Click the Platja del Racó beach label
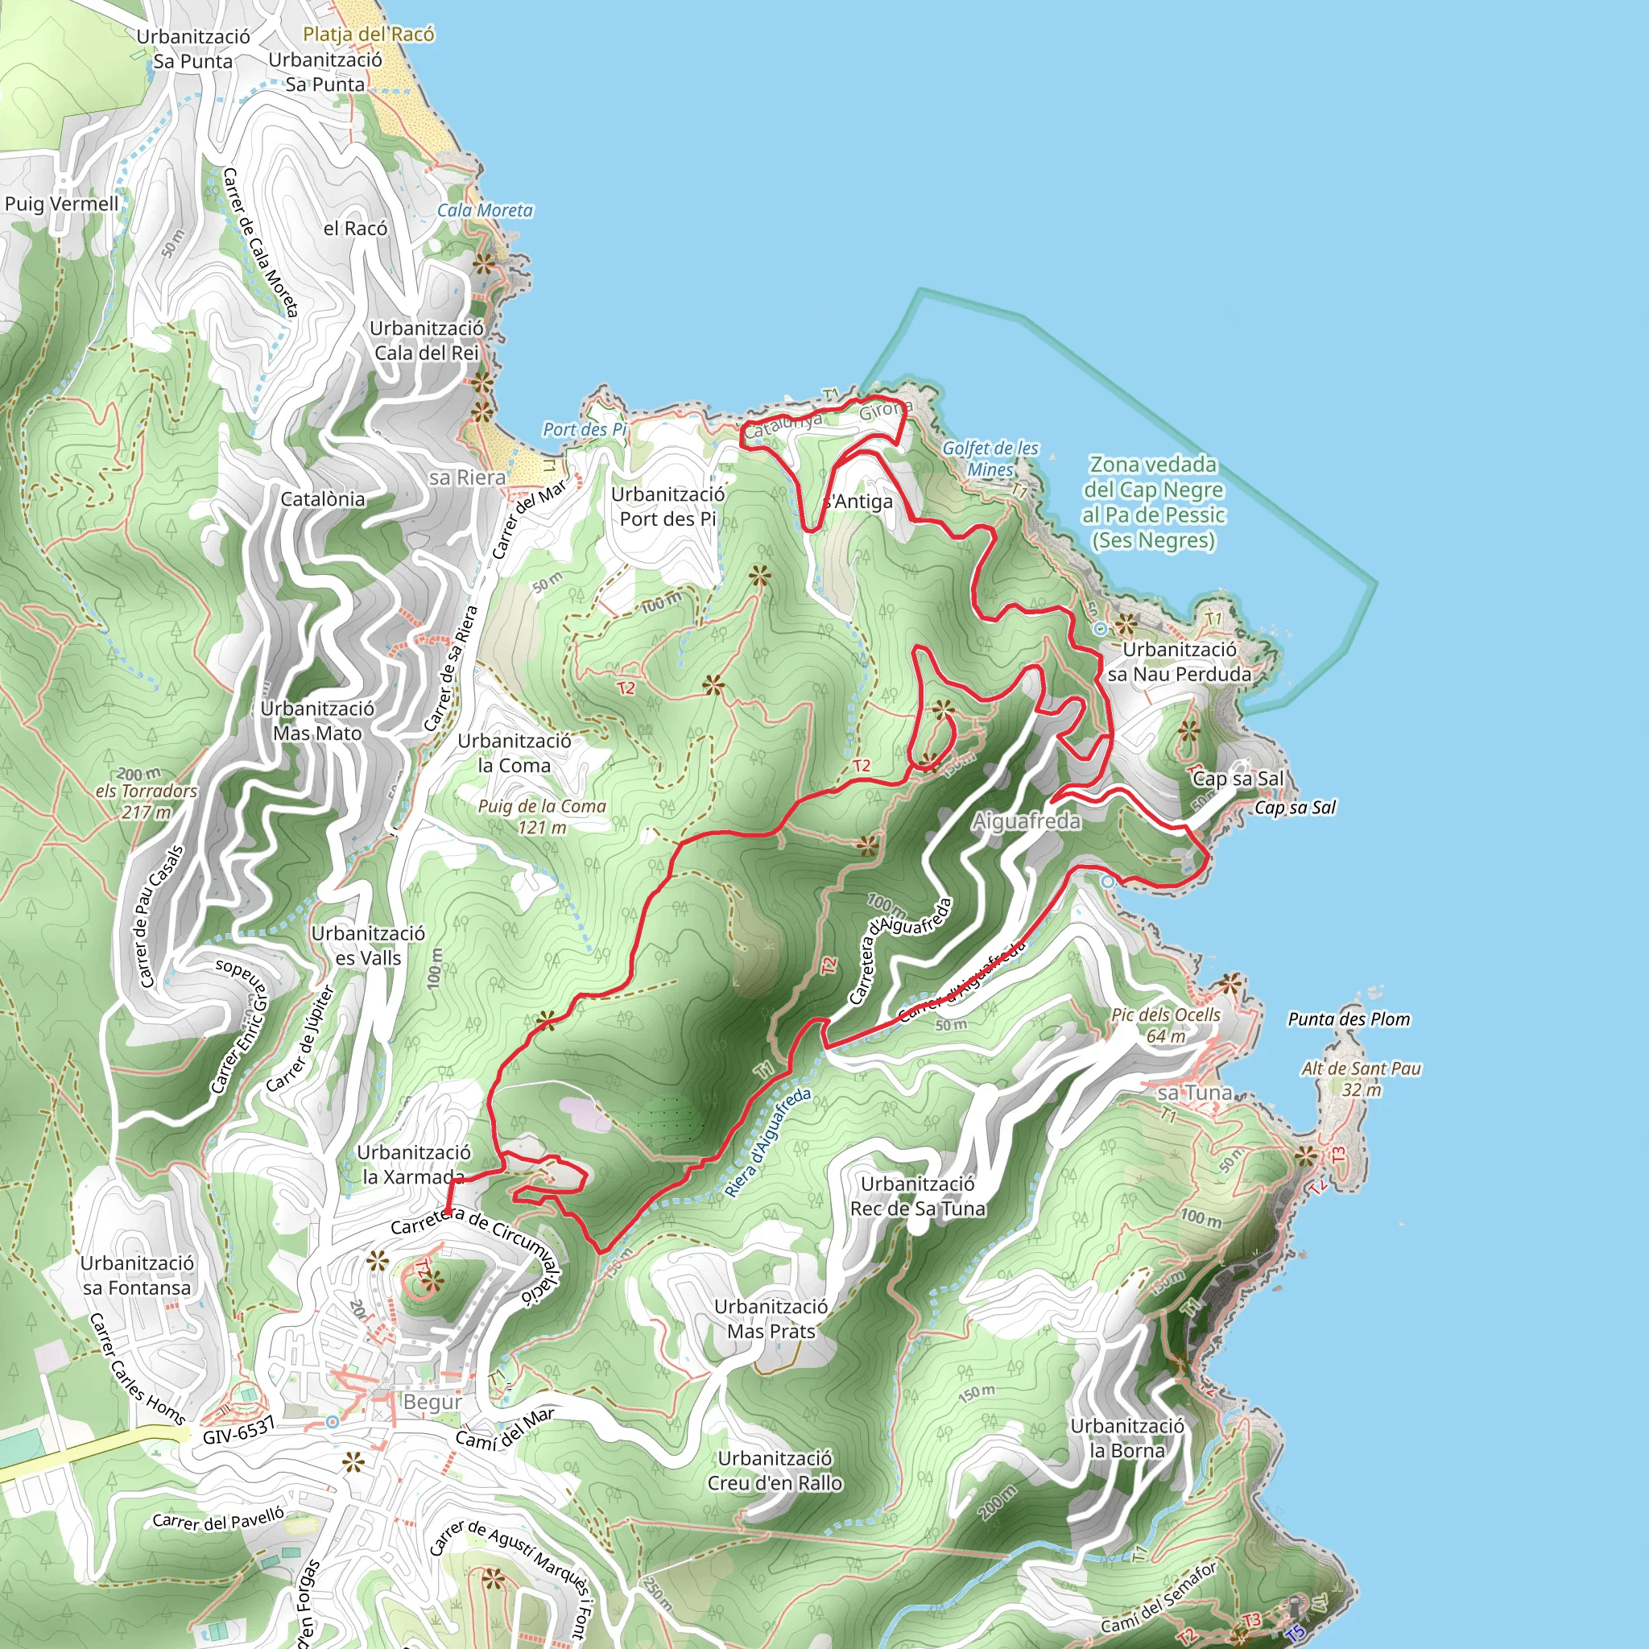pyautogui.click(x=368, y=34)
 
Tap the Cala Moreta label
pyautogui.click(x=485, y=210)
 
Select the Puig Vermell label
pyautogui.click(x=61, y=203)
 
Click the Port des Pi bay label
pyautogui.click(x=585, y=429)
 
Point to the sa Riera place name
pyautogui.click(x=467, y=477)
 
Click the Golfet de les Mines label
pyautogui.click(x=990, y=458)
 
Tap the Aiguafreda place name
pyautogui.click(x=1026, y=821)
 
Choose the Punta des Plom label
pyautogui.click(x=1349, y=1019)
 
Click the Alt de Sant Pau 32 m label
pyautogui.click(x=1361, y=1079)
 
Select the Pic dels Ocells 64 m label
pyautogui.click(x=1166, y=1025)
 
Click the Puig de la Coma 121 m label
pyautogui.click(x=541, y=816)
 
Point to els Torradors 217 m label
pyautogui.click(x=146, y=801)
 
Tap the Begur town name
pyautogui.click(x=432, y=1403)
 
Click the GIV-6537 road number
pyautogui.click(x=239, y=1430)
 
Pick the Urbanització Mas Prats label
pyautogui.click(x=771, y=1319)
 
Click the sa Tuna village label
pyautogui.click(x=1194, y=1093)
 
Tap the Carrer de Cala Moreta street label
pyautogui.click(x=259, y=242)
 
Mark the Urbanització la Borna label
pyautogui.click(x=1126, y=1438)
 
